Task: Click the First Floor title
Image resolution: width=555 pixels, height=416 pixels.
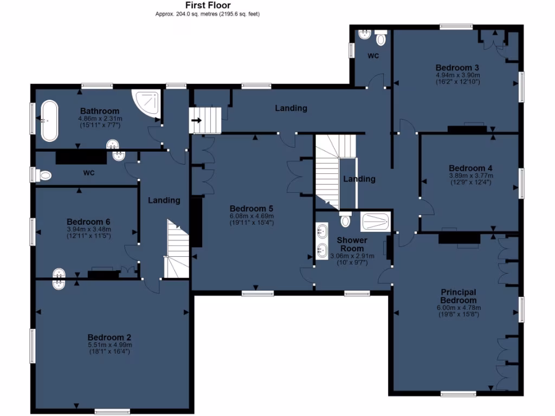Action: point(208,5)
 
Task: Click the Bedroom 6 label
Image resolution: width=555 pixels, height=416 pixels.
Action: point(88,222)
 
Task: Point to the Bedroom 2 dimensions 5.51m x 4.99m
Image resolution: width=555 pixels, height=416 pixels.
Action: point(110,345)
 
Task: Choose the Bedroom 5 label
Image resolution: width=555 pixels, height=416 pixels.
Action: point(251,209)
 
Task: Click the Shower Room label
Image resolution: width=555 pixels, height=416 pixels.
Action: point(352,244)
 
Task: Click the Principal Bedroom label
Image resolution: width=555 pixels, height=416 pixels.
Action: point(458,296)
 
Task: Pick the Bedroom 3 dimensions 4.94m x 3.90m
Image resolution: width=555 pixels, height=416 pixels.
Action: point(458,75)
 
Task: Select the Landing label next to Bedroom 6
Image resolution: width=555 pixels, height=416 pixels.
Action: point(164,200)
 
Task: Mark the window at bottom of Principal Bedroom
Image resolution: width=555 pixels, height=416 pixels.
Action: point(458,394)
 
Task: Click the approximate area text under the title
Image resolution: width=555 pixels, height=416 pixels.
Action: point(208,14)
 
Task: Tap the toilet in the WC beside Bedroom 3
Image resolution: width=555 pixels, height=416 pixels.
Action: point(381,38)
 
